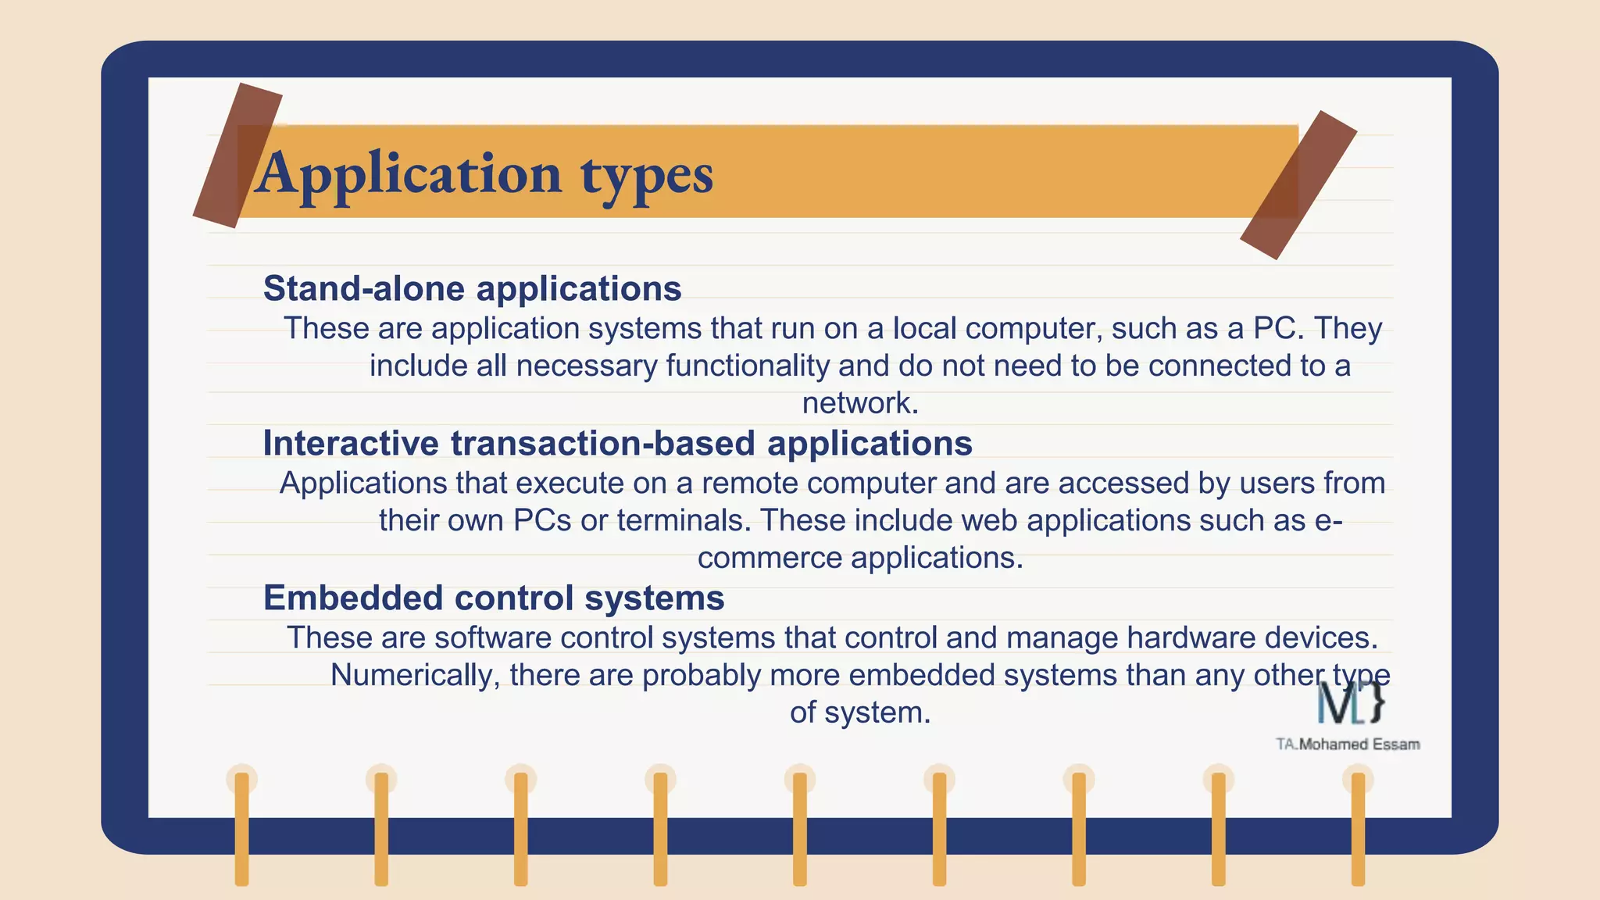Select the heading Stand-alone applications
(472, 288)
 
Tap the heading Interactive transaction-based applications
(617, 443)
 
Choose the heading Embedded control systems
(494, 598)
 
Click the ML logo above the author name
(1351, 702)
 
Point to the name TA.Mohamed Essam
(1348, 745)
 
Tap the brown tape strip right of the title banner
(1298, 184)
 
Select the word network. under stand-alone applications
(860, 403)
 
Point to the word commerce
(769, 558)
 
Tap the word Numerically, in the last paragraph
(415, 675)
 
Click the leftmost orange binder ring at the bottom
(241, 827)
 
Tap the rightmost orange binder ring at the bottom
(1358, 827)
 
